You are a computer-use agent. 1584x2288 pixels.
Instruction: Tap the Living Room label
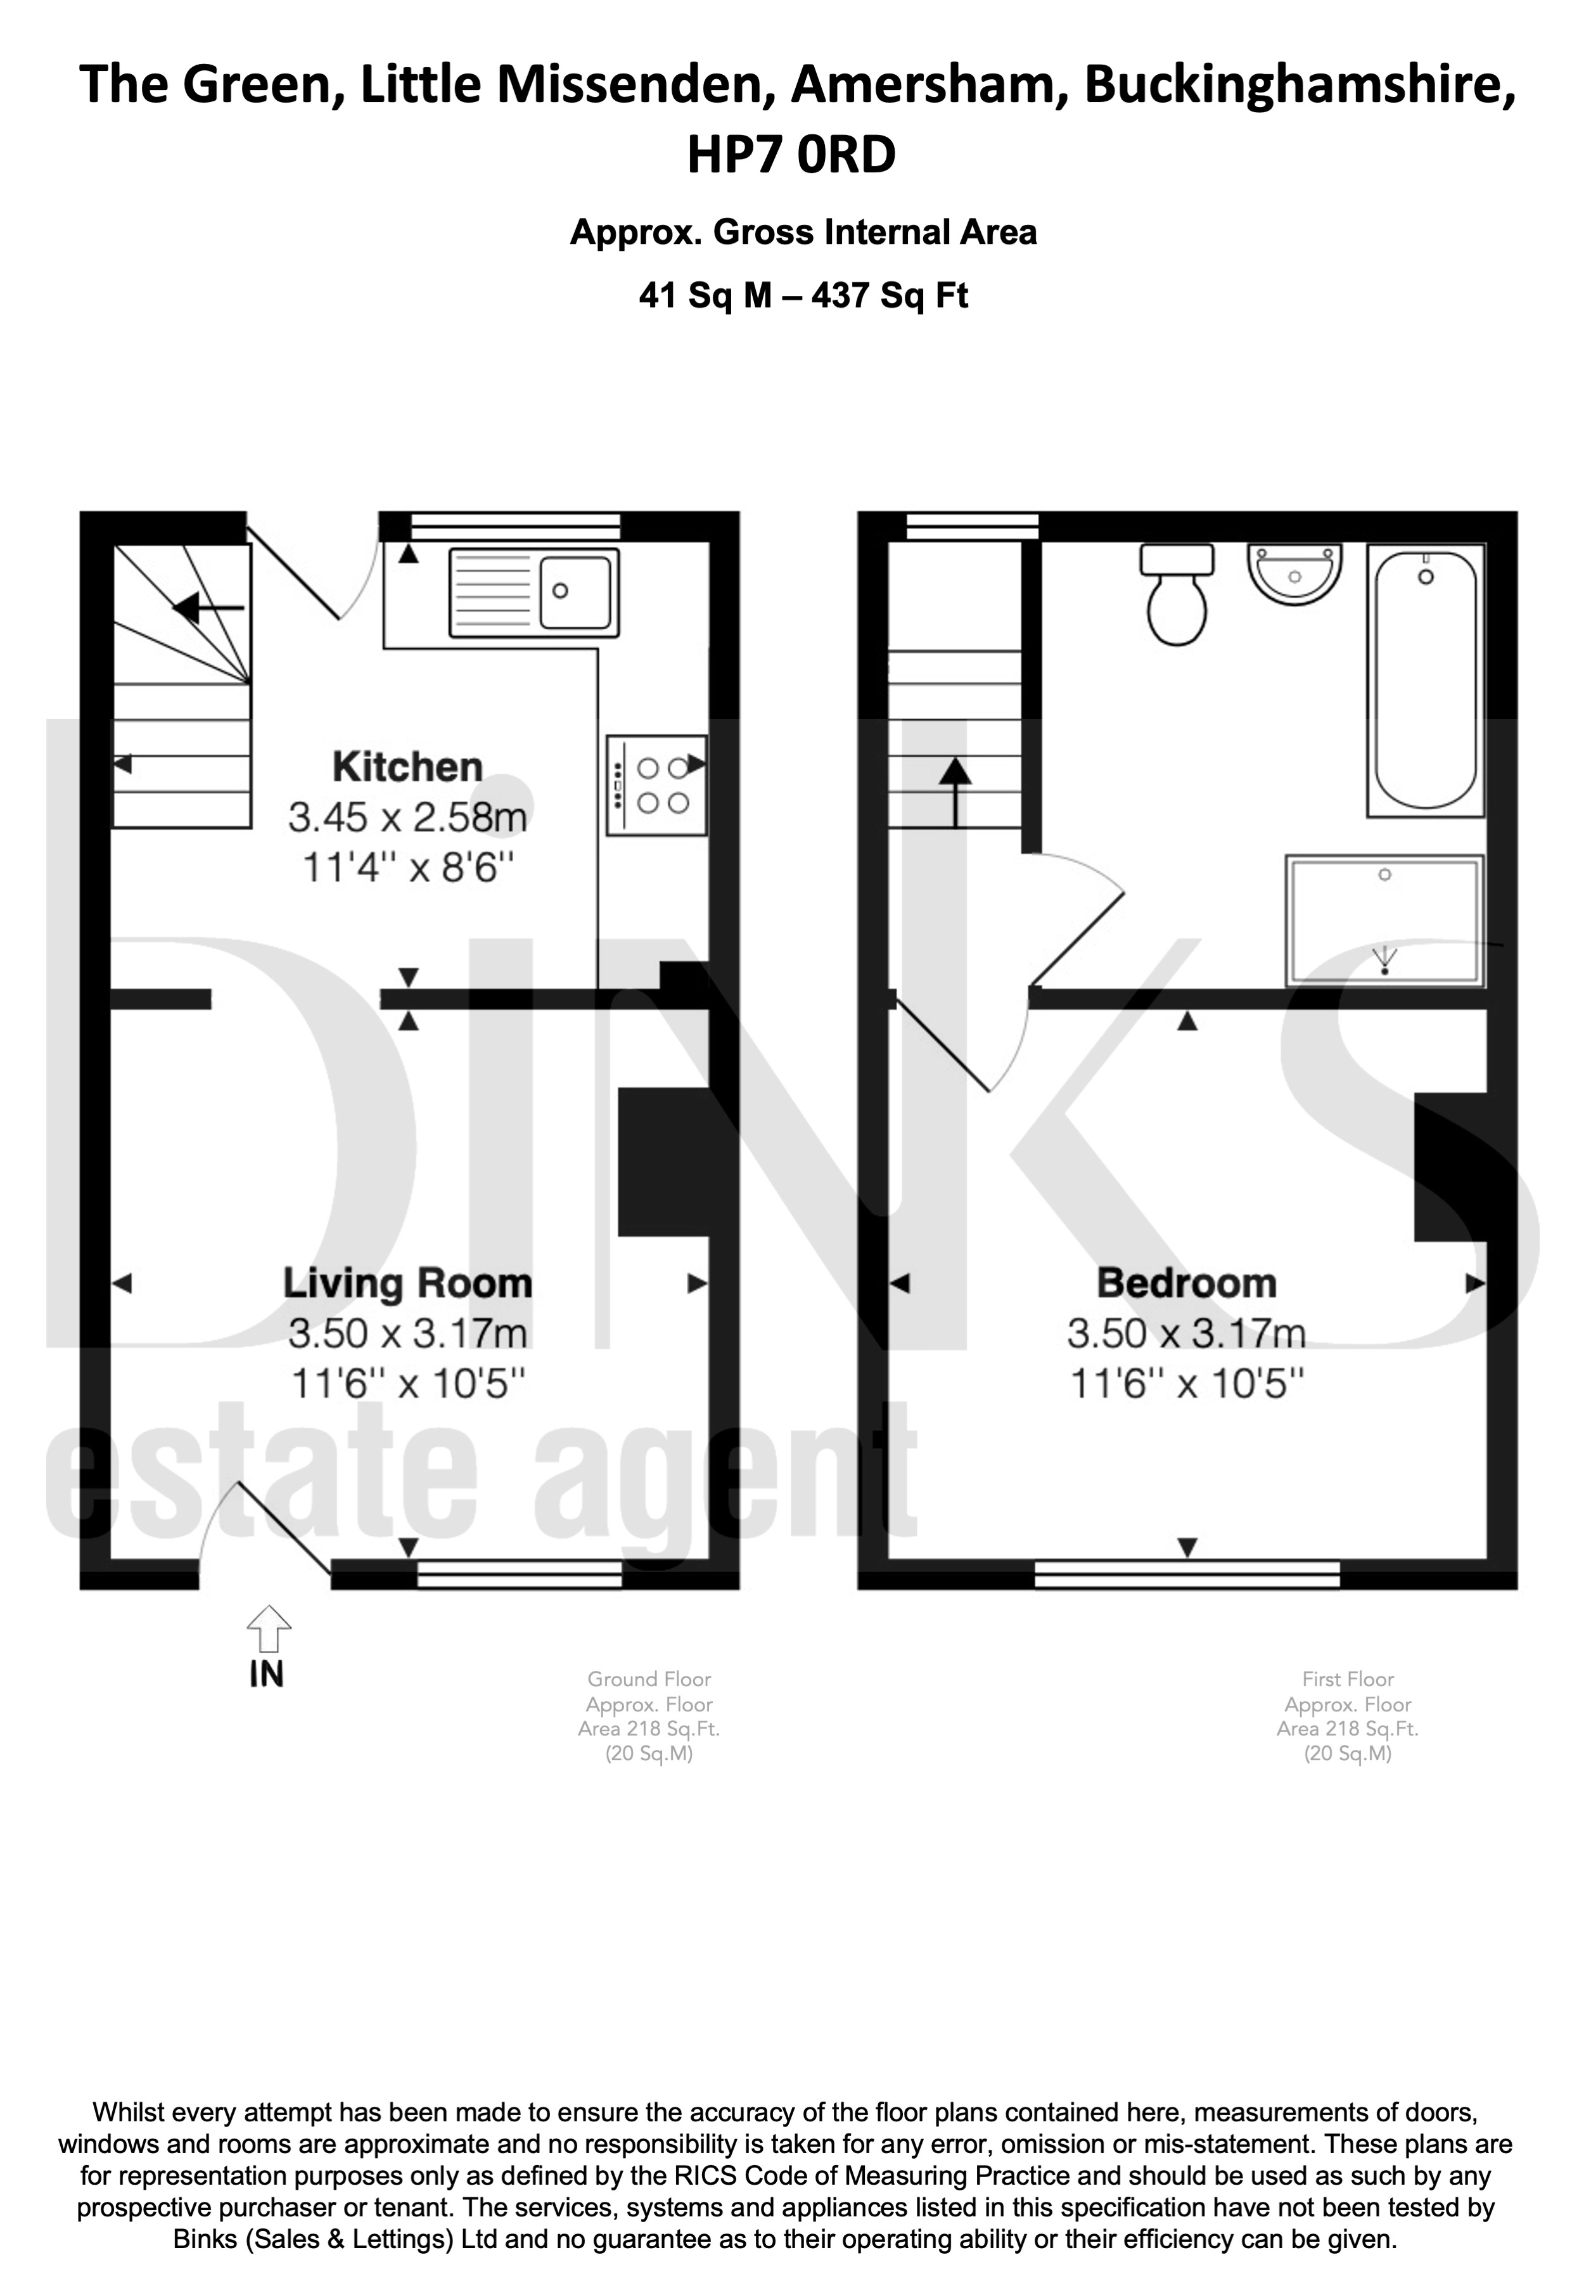pyautogui.click(x=408, y=1284)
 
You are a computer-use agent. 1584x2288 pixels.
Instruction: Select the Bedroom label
pyautogui.click(x=1187, y=1284)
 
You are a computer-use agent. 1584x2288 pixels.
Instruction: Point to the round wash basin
pyautogui.click(x=1294, y=573)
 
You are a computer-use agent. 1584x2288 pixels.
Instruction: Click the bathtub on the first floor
pyautogui.click(x=1426, y=680)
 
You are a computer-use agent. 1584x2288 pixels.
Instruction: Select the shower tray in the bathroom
pyautogui.click(x=1386, y=920)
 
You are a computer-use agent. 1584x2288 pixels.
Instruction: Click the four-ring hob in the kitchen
pyautogui.click(x=656, y=785)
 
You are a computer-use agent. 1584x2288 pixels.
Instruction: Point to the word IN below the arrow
pyautogui.click(x=267, y=1675)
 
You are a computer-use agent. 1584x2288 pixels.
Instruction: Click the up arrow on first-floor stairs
pyautogui.click(x=955, y=792)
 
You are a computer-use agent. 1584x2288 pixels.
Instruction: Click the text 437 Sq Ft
pyautogui.click(x=890, y=296)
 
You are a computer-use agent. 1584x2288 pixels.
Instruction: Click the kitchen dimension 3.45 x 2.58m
pyautogui.click(x=408, y=818)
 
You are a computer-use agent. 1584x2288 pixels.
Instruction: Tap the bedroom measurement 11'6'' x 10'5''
pyautogui.click(x=1187, y=1384)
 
